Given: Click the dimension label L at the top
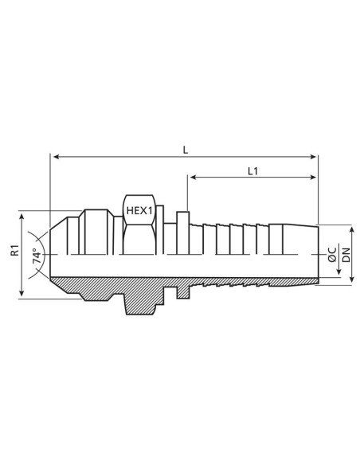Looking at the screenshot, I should [x=185, y=148].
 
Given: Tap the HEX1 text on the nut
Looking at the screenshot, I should [x=139, y=210].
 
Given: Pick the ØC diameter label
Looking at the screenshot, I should [x=331, y=256].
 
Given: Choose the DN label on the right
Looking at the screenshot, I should [x=346, y=256].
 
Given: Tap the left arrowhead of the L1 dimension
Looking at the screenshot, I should [x=191, y=178].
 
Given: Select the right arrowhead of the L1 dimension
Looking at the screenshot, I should [x=315, y=178].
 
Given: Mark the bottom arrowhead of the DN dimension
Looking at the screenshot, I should [x=340, y=281].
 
